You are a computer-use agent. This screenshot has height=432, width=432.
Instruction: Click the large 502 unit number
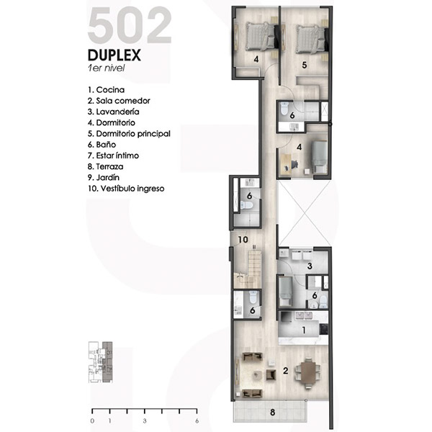pyautogui.click(x=130, y=25)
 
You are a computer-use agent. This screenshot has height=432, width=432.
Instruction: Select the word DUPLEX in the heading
pyautogui.click(x=114, y=55)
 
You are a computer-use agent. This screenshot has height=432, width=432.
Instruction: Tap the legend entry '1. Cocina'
pyautogui.click(x=106, y=90)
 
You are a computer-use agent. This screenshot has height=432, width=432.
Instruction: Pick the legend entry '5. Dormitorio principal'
pyautogui.click(x=129, y=134)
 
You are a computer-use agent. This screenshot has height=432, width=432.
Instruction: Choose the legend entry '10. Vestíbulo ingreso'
pyautogui.click(x=126, y=189)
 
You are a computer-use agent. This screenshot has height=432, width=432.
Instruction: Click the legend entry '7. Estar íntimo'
pyautogui.click(x=113, y=156)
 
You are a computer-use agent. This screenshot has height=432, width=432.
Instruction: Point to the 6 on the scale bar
pyautogui.click(x=197, y=421)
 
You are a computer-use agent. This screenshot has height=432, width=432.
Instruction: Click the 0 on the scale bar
pyautogui.click(x=92, y=421)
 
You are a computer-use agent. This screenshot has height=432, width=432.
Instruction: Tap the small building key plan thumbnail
pyautogui.click(x=100, y=362)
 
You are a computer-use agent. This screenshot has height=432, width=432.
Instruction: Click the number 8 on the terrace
pyautogui.click(x=272, y=413)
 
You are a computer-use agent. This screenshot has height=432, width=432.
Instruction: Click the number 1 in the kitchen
pyautogui.click(x=304, y=330)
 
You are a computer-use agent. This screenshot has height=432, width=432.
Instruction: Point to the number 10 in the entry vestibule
pyautogui.click(x=243, y=240)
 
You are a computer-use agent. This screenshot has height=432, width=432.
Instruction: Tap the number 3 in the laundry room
pyautogui.click(x=310, y=266)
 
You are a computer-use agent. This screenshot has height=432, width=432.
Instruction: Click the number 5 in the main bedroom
pyautogui.click(x=304, y=65)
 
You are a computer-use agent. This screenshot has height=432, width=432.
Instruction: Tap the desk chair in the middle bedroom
pyautogui.click(x=294, y=165)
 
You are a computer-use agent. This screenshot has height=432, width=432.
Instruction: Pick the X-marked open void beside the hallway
pyautogui.click(x=304, y=213)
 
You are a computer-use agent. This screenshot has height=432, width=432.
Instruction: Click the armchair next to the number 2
pyautogui.click(x=271, y=374)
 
